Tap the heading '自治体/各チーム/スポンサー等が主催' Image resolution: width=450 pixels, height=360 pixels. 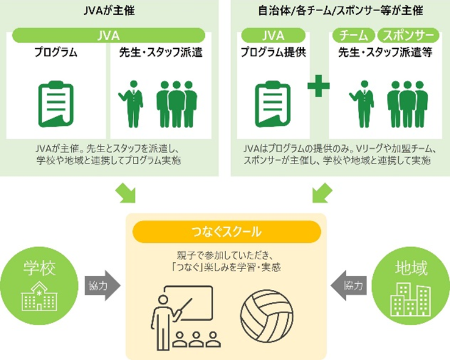coord(340,10)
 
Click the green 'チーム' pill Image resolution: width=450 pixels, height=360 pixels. coord(353,35)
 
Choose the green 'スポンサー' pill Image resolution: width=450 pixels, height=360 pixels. coord(407,35)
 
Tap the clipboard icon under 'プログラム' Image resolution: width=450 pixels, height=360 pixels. coord(56,104)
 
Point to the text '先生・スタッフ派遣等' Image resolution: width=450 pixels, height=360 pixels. coord(385,52)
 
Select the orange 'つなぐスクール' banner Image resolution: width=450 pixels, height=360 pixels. coord(225,231)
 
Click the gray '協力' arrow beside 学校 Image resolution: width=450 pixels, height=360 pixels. coord(102,285)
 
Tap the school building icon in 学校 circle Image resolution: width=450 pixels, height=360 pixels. coord(39,297)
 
